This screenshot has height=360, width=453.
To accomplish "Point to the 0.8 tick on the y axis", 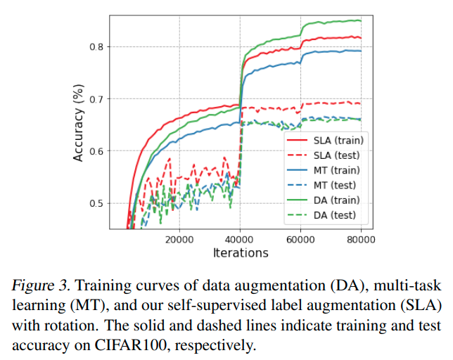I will pyautogui.click(x=96, y=47).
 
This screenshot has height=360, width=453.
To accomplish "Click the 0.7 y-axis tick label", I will pyautogui.click(x=96, y=99).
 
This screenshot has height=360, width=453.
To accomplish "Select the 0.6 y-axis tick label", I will pyautogui.click(x=96, y=151).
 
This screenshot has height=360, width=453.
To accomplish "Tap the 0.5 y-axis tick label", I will pyautogui.click(x=96, y=203).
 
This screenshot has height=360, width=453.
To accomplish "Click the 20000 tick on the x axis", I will pyautogui.click(x=179, y=240).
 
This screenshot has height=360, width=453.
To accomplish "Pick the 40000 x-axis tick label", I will pyautogui.click(x=240, y=240).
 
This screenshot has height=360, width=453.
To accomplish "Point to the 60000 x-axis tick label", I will pyautogui.click(x=301, y=240).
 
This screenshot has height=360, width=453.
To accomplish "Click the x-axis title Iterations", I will pyautogui.click(x=240, y=252).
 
